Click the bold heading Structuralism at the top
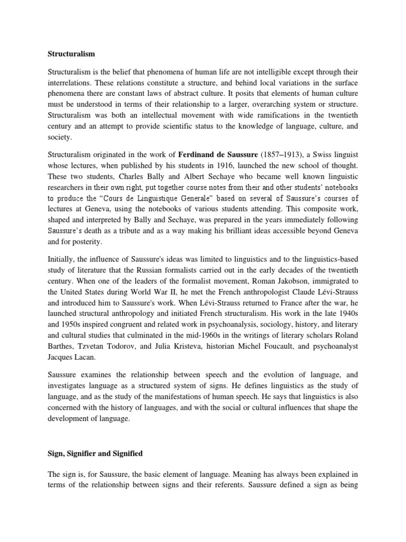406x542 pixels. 70,53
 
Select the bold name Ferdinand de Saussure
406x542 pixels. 219,154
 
